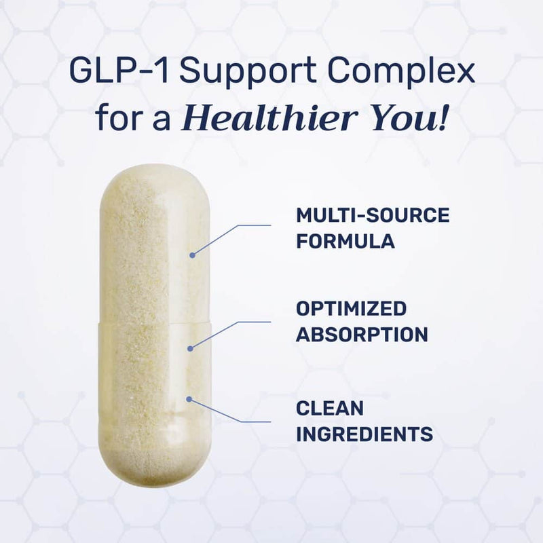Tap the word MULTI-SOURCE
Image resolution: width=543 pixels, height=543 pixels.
click(x=373, y=216)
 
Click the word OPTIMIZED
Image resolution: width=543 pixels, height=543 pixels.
click(x=351, y=309)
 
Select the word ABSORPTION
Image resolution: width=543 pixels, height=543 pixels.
click(x=362, y=334)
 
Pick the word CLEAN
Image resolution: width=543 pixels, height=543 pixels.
click(x=330, y=409)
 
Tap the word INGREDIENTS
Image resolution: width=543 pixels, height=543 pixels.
click(x=364, y=433)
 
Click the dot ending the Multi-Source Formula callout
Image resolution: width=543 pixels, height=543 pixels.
click(x=192, y=255)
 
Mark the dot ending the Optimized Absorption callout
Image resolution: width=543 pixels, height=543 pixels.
click(x=191, y=348)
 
